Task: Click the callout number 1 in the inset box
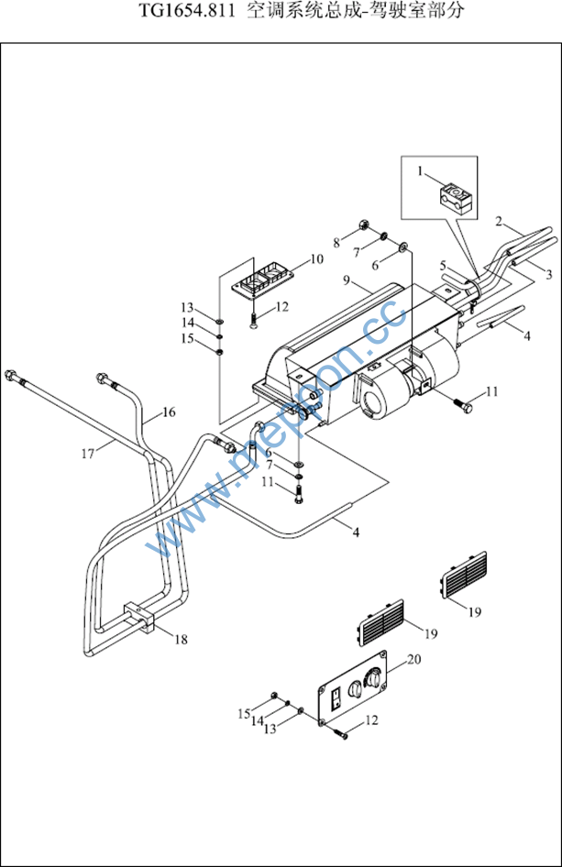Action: [x=420, y=172]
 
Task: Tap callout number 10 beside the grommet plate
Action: [x=316, y=259]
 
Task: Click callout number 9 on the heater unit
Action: [x=347, y=280]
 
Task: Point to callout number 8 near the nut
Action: [x=336, y=243]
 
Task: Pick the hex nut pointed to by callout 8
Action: [x=363, y=225]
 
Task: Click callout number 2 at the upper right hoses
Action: [x=499, y=222]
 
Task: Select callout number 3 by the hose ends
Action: [x=549, y=275]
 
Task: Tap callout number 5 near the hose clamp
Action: [x=443, y=266]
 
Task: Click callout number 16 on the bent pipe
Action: [x=169, y=412]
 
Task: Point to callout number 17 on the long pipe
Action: [x=87, y=454]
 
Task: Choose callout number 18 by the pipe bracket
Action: [x=181, y=640]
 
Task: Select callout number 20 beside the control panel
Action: [x=413, y=659]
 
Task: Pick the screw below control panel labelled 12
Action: [x=342, y=734]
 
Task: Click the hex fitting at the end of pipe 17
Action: [x=10, y=375]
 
